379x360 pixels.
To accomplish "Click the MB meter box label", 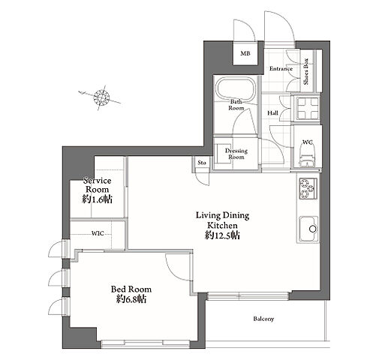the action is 245,53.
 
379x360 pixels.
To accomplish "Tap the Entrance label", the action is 281,68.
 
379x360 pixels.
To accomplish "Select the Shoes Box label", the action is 306,71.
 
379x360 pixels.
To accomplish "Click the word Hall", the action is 272,113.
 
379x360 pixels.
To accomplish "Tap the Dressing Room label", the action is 236,154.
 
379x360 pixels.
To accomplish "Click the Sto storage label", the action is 202,163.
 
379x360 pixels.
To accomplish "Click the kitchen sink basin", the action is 308,229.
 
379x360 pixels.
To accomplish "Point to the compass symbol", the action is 101,97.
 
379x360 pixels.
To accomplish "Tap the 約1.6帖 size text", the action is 97,199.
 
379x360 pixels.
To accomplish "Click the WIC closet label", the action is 98,233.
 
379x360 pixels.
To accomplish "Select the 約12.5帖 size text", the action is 222,235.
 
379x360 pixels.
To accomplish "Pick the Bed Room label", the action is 131,289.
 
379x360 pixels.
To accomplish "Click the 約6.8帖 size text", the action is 131,299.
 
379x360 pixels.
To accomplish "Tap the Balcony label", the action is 263,319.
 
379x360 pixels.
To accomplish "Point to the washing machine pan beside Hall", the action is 307,108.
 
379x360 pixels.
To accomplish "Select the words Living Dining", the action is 222,215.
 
